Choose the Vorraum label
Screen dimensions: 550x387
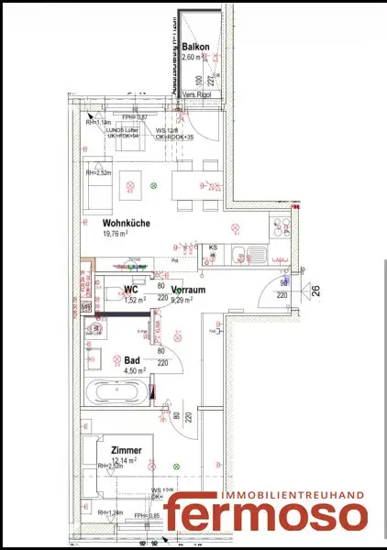[187, 289]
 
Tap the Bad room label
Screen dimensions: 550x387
[132, 360]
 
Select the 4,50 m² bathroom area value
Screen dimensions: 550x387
[135, 371]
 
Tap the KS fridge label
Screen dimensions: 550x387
[213, 247]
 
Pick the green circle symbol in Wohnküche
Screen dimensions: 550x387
[154, 185]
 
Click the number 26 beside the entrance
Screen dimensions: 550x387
[315, 292]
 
